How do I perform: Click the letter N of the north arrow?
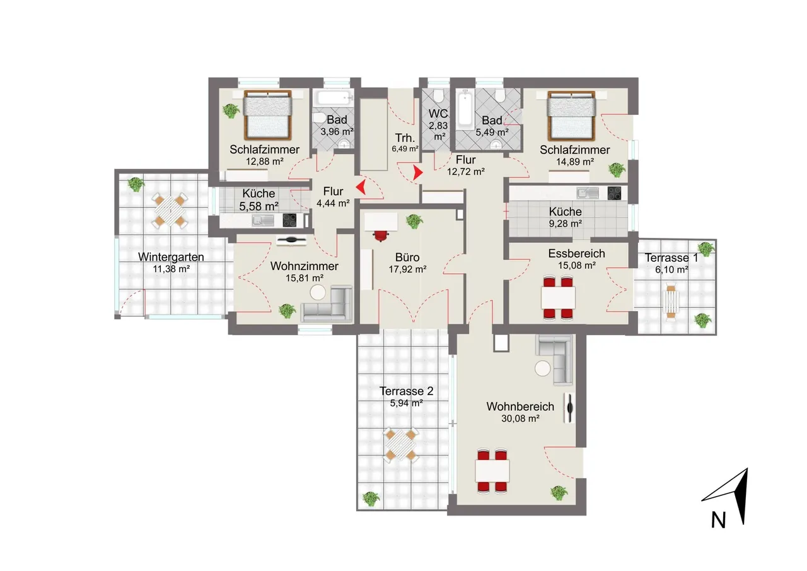coord(718,520)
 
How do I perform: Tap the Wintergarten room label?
coord(171,257)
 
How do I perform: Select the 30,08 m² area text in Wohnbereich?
coord(520,418)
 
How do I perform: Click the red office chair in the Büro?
coord(381,236)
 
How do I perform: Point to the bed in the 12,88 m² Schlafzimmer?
coord(267,115)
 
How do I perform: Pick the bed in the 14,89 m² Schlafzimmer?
coord(571,115)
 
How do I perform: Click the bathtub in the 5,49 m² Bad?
coord(465,109)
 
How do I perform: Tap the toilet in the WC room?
coord(438,95)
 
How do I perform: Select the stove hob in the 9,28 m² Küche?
coord(614,193)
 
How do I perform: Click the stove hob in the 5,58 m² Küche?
coord(289,220)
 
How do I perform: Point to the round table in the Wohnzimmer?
coord(318,292)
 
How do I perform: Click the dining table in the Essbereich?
coord(558,298)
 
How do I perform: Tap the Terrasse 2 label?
coord(406,391)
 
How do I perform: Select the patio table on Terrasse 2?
coord(400,444)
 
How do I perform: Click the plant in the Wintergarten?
coord(136,185)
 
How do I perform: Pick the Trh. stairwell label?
coord(405,138)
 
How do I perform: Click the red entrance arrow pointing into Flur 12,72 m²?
coord(417,173)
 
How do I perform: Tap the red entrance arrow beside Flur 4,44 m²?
coord(361,187)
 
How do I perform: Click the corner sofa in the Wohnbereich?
coord(555,358)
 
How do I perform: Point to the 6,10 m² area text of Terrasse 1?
coord(671,270)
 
